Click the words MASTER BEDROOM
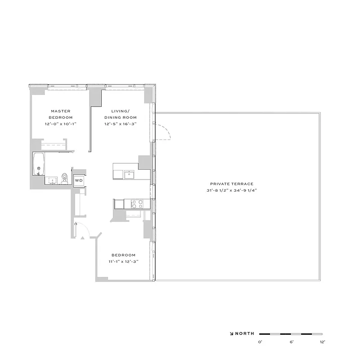coord(61,114)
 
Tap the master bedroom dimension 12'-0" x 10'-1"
coord(61,123)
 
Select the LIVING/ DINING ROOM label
coord(121,114)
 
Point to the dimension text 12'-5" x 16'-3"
coord(121,123)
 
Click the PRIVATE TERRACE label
coord(232,184)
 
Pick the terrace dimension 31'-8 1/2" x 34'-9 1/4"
coord(232,190)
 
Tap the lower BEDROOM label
coord(122,255)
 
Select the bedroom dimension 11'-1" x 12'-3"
coord(122,261)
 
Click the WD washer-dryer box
coord(79,180)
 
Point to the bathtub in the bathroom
coord(38,164)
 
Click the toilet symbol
coord(65,177)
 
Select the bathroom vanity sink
coord(52,180)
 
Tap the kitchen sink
coord(130,174)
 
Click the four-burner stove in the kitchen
coord(136,204)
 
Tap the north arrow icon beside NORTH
coord(232,334)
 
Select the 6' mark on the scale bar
coord(291,342)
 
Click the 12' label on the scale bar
coord(321,342)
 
